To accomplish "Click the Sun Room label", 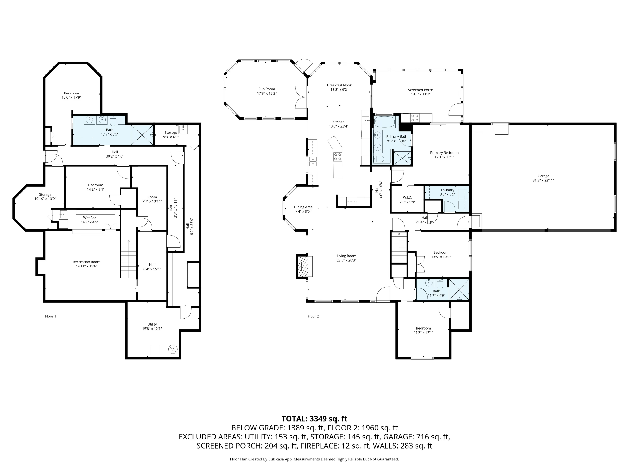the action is pos(266,89).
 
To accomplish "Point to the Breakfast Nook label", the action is pos(339,85).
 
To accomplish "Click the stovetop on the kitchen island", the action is pos(338,157).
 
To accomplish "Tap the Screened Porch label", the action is pos(420,90).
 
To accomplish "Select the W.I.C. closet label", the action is pos(407,197).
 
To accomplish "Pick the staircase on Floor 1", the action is pos(129,259).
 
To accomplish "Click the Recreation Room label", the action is pos(86,262).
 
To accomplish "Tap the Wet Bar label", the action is pos(90,218).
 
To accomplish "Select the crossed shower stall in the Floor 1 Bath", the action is pos(142,135).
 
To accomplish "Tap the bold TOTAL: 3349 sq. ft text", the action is pos(314,419).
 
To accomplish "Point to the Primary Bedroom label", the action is pos(444,153).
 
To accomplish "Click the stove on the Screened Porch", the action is pos(414,118).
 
